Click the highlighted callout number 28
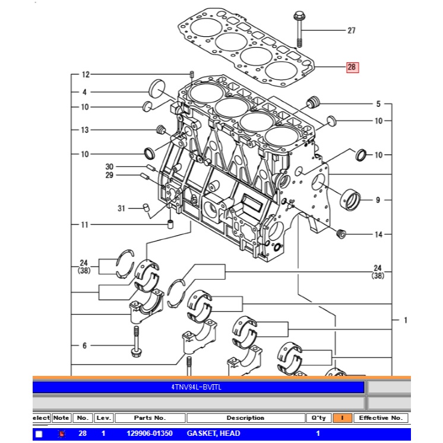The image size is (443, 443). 352,68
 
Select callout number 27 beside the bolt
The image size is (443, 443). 352,30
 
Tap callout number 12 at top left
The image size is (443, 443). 85,75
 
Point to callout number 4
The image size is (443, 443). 85,92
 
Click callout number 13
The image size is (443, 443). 85,130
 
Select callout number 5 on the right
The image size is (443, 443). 378,105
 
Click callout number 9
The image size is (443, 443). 378,200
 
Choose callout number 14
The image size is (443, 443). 378,235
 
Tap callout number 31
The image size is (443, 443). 121,208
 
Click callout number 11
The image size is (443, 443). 85,224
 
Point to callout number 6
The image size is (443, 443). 85,345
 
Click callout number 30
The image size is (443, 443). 109,166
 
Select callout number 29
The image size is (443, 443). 109,175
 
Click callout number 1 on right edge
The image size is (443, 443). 406,321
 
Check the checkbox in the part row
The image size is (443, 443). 39,434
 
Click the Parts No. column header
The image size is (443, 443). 150,418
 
